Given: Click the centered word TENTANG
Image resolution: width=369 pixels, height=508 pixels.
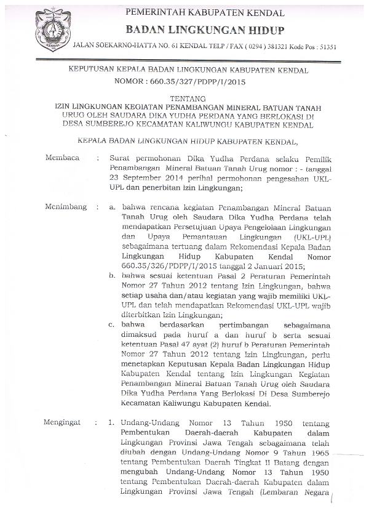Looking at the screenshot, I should point(184,99).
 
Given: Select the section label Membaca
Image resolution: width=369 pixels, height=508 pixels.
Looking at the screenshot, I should point(62,158).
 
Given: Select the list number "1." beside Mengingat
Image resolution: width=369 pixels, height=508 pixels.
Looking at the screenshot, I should point(111,424).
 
